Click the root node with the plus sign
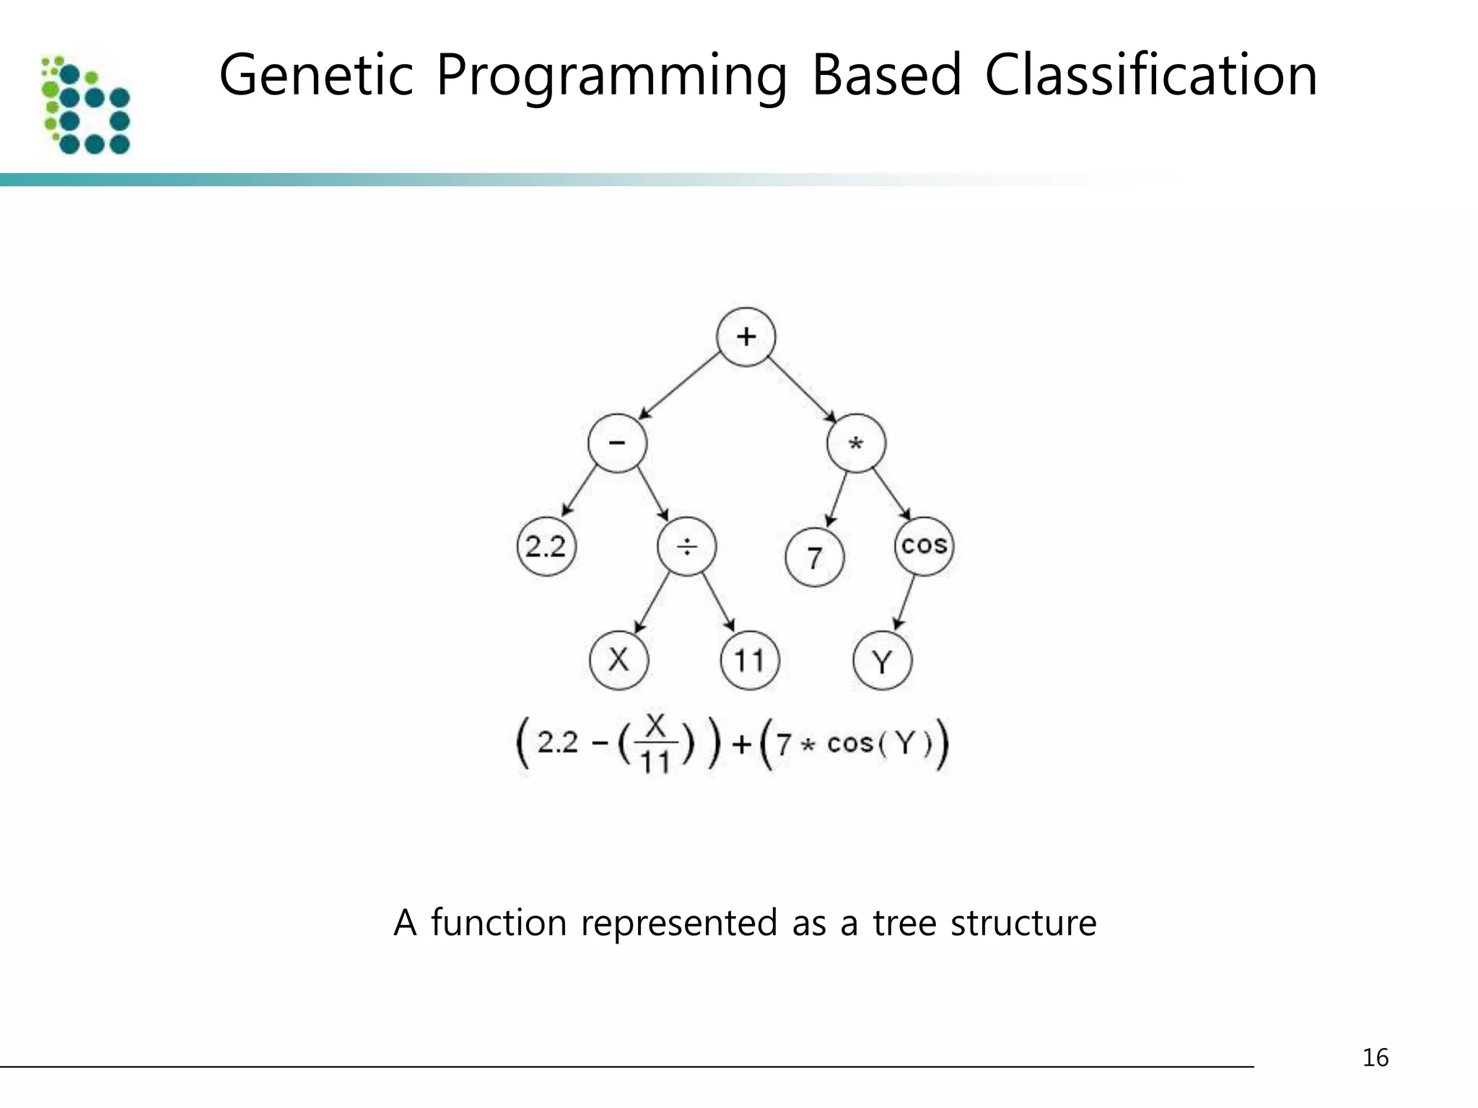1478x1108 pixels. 745,337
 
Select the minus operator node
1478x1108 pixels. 617,443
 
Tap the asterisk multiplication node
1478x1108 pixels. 856,443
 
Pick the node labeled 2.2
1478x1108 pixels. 546,546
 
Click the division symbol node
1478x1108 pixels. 686,546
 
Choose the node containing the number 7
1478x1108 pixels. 814,558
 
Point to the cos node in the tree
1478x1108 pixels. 924,545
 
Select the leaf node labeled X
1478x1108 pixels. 618,660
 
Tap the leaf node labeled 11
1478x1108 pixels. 749,660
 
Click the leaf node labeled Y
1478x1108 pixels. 882,661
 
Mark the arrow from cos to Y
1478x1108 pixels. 906,602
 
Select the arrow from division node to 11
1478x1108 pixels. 718,603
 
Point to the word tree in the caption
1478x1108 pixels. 904,923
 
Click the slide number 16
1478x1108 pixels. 1375,1058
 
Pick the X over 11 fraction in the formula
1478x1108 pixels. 655,743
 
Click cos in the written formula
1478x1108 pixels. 850,743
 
